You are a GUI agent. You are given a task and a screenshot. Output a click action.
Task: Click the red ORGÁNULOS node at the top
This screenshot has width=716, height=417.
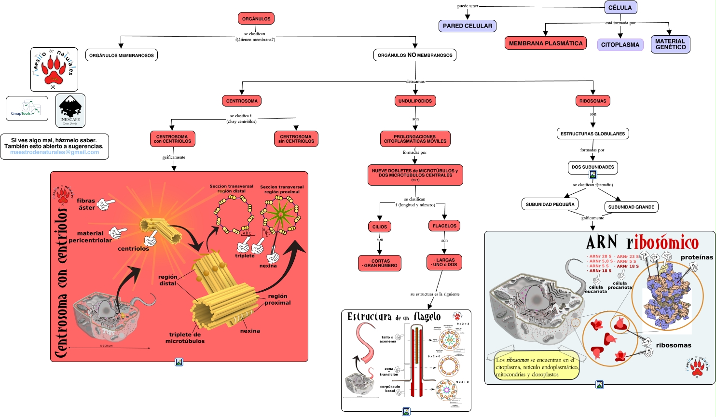[x=256, y=19]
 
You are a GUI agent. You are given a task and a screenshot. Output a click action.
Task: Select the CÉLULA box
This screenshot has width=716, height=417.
[x=620, y=7]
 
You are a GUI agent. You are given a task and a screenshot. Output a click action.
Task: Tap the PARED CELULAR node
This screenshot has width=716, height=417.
[x=468, y=26]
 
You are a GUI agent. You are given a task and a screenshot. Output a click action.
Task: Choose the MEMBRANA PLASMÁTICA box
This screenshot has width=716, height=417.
[x=546, y=43]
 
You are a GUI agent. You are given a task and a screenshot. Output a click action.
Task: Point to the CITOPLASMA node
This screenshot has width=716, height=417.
[x=620, y=45]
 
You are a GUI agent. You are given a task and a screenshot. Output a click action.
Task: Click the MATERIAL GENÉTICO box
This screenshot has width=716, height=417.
[x=670, y=44]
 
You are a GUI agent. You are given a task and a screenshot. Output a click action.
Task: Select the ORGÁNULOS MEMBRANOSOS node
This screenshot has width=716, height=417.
[x=122, y=55]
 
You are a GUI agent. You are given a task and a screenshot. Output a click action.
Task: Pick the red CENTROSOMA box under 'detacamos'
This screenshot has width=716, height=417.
[x=242, y=101]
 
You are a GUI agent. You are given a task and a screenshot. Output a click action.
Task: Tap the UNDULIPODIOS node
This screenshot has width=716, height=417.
[x=415, y=101]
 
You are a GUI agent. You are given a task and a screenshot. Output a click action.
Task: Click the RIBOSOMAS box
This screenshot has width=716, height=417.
[x=592, y=101]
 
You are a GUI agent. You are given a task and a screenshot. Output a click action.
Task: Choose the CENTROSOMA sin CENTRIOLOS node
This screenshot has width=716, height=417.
[x=296, y=139]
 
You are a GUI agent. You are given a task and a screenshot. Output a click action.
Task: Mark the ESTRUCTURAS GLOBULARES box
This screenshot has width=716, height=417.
[x=592, y=134]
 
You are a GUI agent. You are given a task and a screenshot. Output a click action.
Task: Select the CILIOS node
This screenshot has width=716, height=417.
[x=380, y=227]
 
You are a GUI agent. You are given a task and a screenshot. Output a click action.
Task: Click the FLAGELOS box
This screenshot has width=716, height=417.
[x=444, y=226]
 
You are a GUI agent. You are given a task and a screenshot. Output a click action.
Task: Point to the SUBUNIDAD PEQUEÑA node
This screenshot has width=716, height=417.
[x=550, y=204]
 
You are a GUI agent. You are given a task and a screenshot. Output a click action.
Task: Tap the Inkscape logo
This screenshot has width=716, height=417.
[x=70, y=110]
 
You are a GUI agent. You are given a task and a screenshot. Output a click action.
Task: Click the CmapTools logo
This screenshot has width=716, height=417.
[x=27, y=108]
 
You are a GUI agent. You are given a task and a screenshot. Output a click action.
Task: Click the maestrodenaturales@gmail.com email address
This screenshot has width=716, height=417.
[x=55, y=152]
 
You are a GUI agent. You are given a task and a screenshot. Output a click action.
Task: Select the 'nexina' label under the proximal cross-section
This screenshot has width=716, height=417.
[x=268, y=266]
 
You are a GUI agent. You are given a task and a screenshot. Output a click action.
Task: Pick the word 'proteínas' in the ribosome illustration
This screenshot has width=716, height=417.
[x=697, y=257]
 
